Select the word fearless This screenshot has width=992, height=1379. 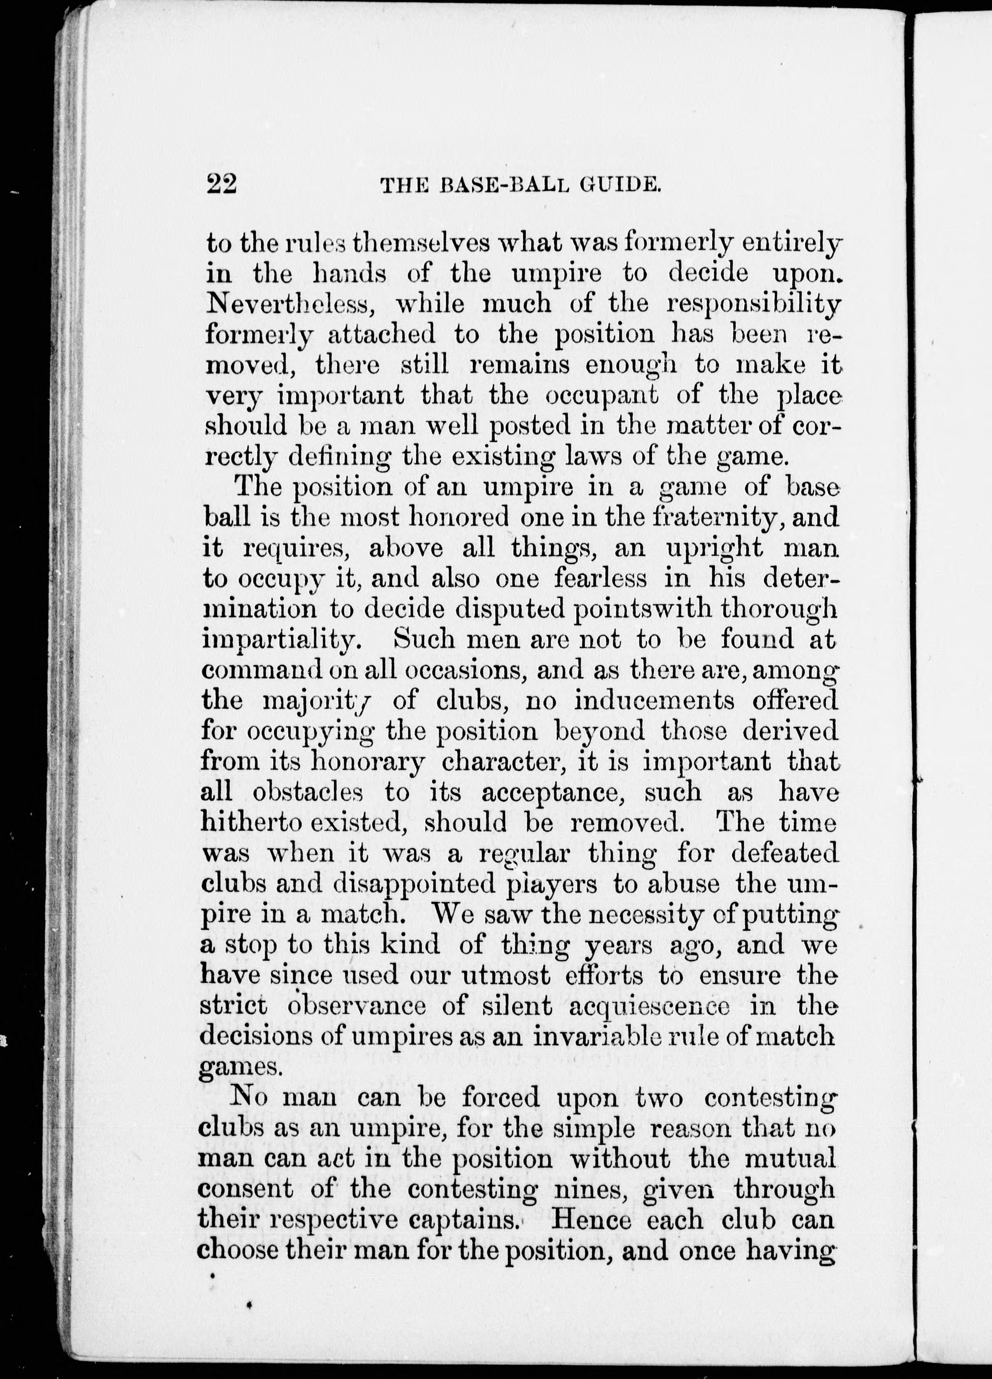[x=600, y=578]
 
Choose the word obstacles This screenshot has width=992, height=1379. [x=308, y=792]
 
